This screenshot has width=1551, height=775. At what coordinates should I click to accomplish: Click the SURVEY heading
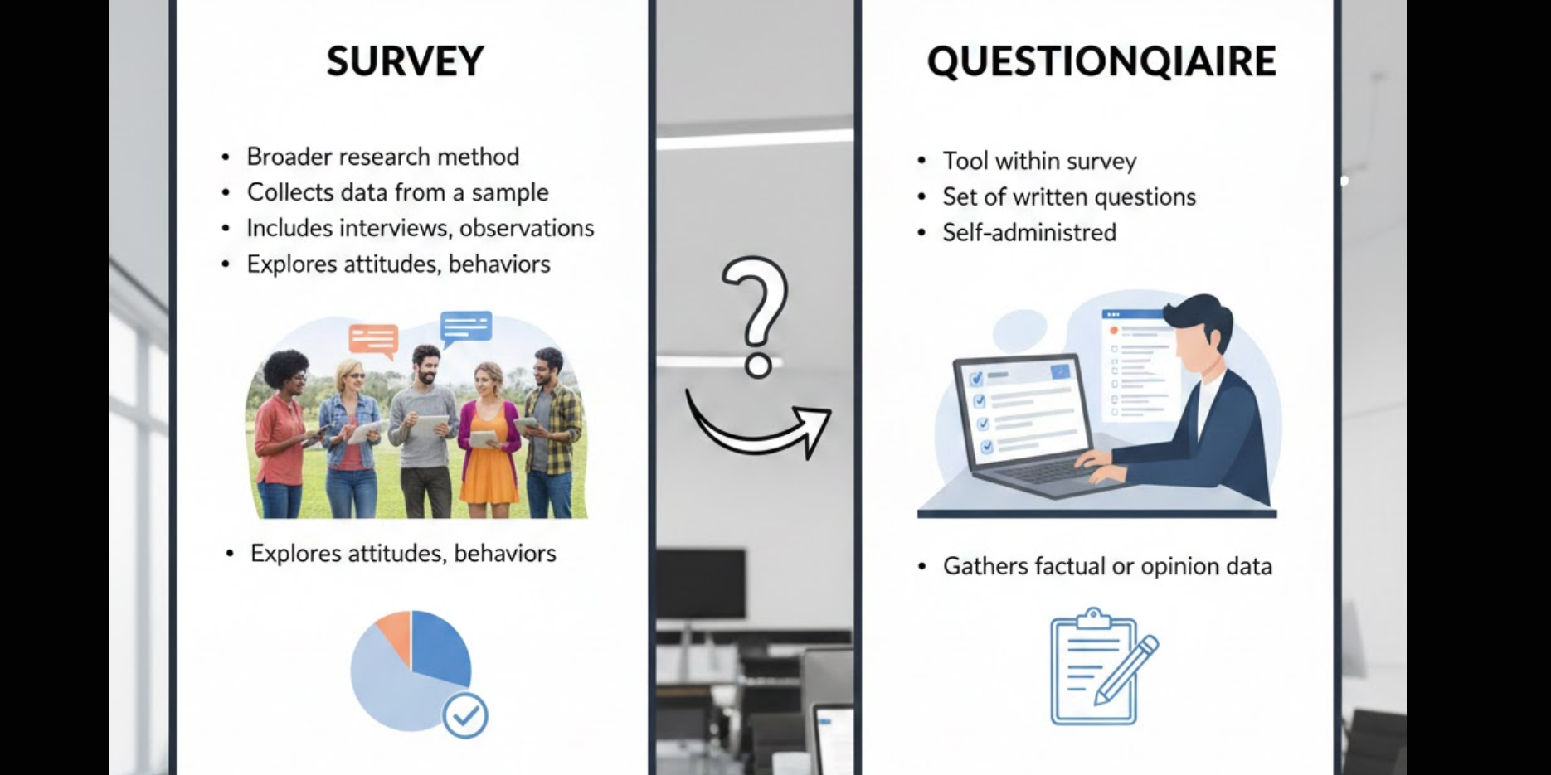coord(405,61)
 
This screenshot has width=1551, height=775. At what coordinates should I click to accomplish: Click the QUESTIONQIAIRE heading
coord(1101,61)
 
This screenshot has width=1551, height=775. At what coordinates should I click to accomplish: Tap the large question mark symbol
coord(756,315)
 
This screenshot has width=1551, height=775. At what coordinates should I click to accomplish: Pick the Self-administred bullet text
coord(1028,232)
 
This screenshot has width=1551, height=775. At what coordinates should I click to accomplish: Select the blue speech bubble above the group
coord(466,327)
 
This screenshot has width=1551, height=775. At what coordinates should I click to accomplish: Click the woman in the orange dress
coord(489,439)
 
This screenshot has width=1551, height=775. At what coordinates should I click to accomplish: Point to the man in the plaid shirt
coord(550,431)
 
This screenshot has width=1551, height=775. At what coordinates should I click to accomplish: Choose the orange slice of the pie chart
coord(395,633)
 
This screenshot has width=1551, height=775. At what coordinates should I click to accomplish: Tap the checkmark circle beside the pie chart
coord(464,715)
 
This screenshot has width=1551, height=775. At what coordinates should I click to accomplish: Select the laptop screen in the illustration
coord(1022,414)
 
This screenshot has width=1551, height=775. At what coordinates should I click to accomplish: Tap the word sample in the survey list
coord(509,192)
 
